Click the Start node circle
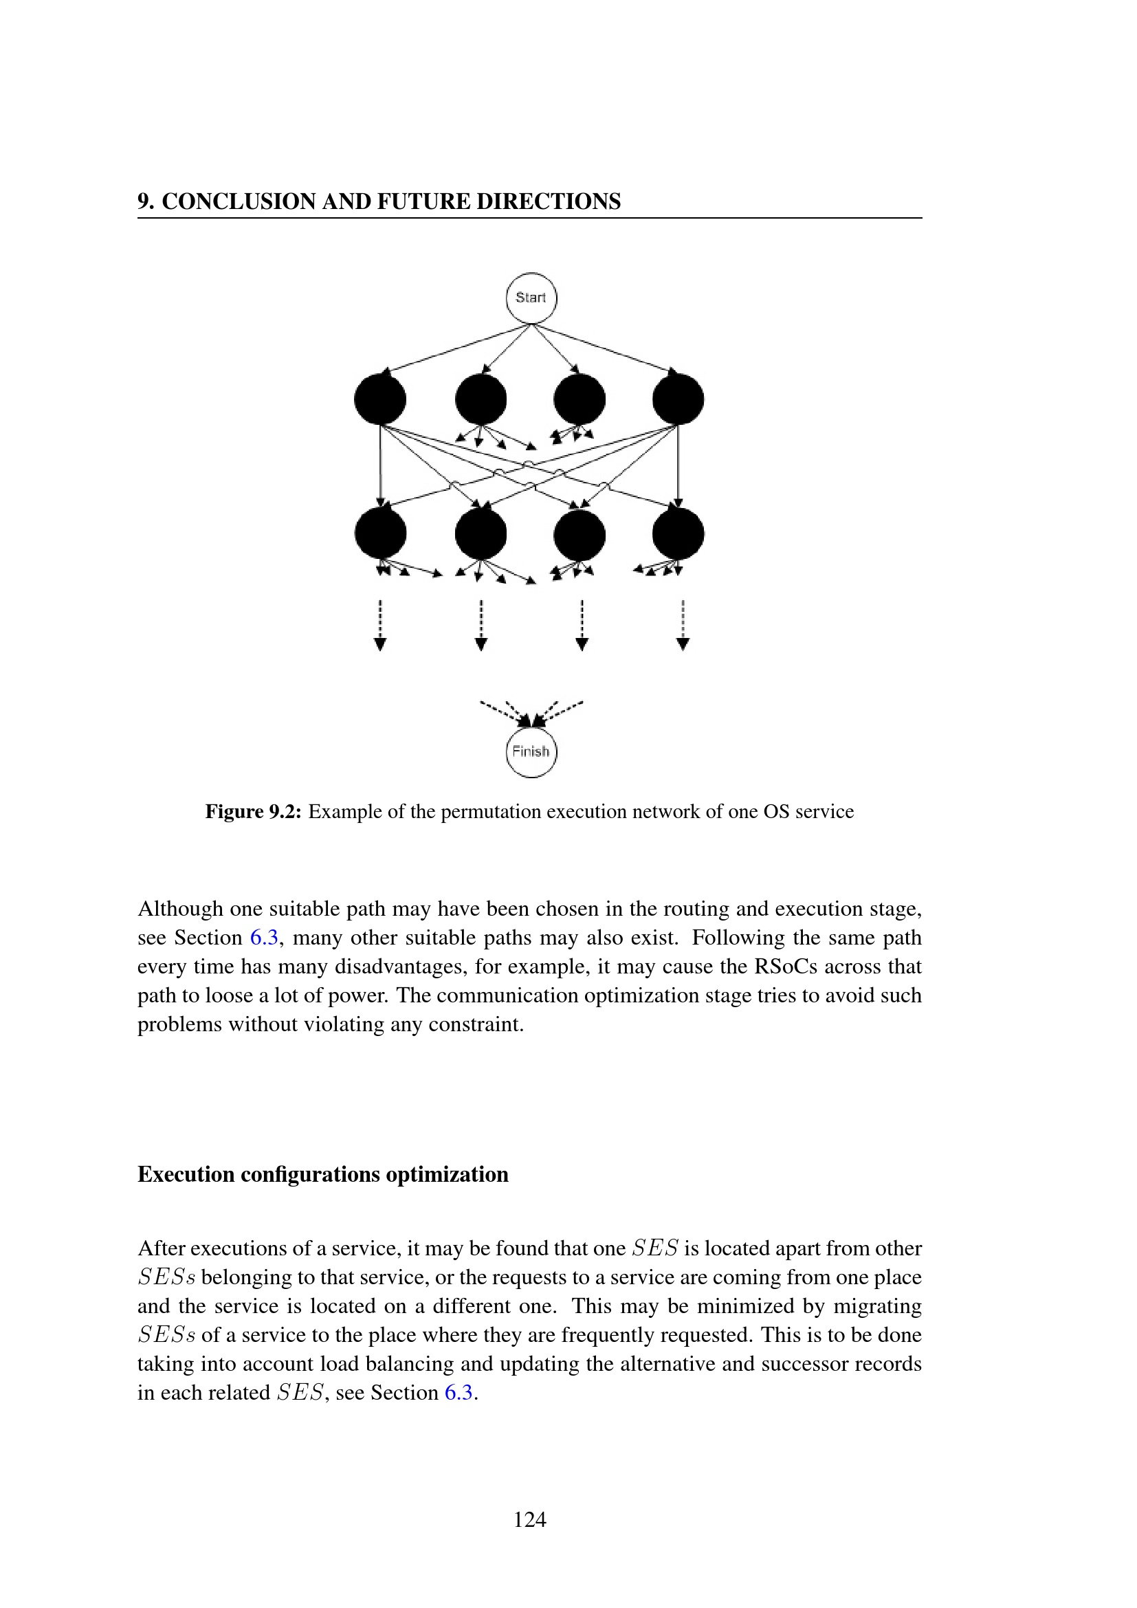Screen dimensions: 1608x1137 click(x=531, y=298)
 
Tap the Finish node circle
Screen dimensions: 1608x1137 click(x=531, y=752)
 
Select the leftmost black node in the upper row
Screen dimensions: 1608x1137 click(x=380, y=399)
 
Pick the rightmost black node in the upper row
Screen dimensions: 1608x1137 click(x=678, y=399)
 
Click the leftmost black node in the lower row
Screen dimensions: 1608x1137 click(x=380, y=533)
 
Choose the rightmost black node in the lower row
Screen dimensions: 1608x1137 click(x=678, y=533)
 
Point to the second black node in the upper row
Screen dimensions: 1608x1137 click(x=481, y=399)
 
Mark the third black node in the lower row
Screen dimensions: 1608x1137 click(x=579, y=533)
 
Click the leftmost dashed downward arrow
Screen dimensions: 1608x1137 click(x=380, y=625)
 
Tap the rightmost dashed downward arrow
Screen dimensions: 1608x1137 click(x=683, y=625)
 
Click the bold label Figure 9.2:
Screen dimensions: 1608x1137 click(x=253, y=812)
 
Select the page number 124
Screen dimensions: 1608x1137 click(x=530, y=1519)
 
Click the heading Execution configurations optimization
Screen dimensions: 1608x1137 click(x=323, y=1174)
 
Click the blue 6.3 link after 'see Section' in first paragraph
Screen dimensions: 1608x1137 click(x=264, y=938)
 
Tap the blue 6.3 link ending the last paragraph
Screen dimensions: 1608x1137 click(x=459, y=1392)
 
